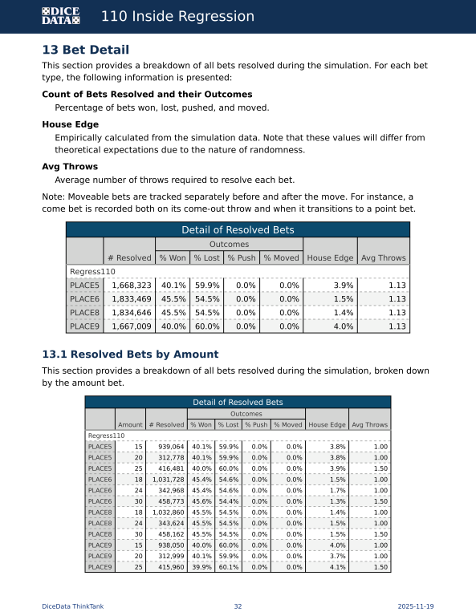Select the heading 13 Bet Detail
point(85,50)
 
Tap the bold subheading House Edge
point(71,125)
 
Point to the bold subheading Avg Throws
point(70,167)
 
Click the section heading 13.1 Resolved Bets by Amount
point(130,354)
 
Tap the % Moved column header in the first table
point(280,257)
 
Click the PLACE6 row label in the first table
point(84,299)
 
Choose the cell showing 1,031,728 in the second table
point(166,479)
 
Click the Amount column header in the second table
point(130,424)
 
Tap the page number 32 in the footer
point(238,606)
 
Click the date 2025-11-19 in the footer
point(416,606)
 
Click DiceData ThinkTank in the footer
point(72,606)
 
